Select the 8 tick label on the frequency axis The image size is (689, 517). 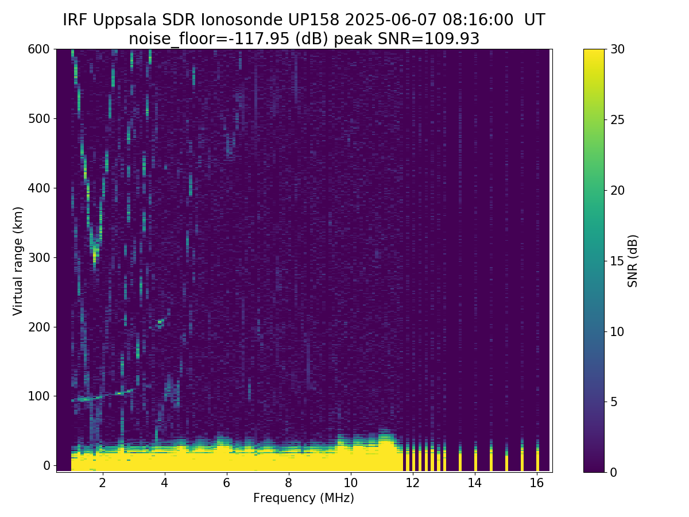point(288,483)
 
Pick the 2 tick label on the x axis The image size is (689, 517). point(103,483)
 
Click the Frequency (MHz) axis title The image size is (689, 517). point(304,498)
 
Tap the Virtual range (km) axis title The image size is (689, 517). point(18,261)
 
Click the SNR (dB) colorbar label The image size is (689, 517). point(633,261)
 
